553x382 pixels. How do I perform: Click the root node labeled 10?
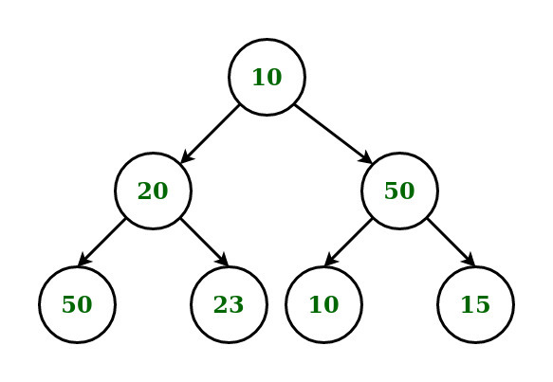tap(267, 77)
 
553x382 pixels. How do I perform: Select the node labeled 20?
tap(153, 191)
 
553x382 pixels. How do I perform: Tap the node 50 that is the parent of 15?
tap(400, 191)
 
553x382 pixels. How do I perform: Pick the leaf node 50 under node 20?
tap(77, 304)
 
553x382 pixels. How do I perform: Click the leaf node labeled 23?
tap(229, 304)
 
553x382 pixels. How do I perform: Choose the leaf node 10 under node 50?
tap(323, 304)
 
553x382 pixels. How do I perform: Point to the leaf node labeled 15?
tap(476, 304)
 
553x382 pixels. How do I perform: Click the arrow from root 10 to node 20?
tap(210, 134)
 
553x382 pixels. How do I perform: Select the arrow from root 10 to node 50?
tap(333, 134)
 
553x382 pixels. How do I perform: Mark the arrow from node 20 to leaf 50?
tap(101, 243)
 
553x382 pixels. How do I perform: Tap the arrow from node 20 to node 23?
tap(205, 243)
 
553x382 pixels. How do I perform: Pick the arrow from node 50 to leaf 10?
tap(348, 243)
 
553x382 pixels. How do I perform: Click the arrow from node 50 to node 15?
tap(452, 243)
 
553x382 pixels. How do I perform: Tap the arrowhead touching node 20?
tap(187, 156)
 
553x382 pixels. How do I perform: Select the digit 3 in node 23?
tap(236, 304)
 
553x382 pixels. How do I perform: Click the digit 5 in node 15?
tap(483, 304)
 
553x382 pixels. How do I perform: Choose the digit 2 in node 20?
tap(145, 191)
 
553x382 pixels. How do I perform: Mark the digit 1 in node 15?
tap(468, 304)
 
